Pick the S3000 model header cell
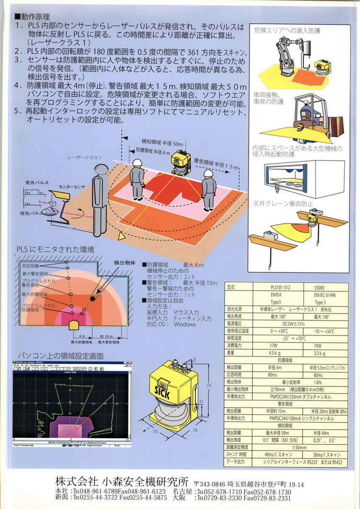point(321,287)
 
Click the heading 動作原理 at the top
point(35,17)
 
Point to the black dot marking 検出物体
point(92,299)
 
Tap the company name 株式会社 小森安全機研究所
point(122,481)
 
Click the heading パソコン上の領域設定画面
point(60,355)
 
